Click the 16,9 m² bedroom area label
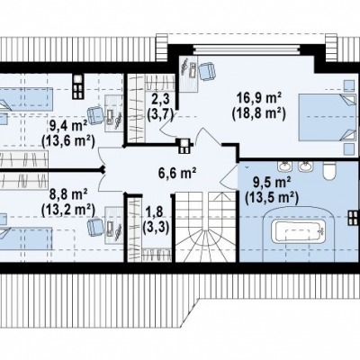(x=259, y=98)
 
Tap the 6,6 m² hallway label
(x=177, y=173)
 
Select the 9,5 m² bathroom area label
(x=272, y=182)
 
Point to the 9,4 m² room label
(x=68, y=126)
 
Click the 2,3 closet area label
(x=161, y=98)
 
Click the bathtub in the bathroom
(x=298, y=232)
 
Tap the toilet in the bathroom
(x=329, y=170)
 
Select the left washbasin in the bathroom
(x=283, y=166)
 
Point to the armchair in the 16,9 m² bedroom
(x=206, y=71)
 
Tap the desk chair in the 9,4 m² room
(x=94, y=116)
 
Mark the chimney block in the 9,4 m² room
(x=78, y=86)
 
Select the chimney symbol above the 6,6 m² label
(x=184, y=146)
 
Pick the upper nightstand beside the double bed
(x=348, y=86)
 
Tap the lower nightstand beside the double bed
(x=348, y=149)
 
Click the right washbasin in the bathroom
(x=305, y=166)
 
